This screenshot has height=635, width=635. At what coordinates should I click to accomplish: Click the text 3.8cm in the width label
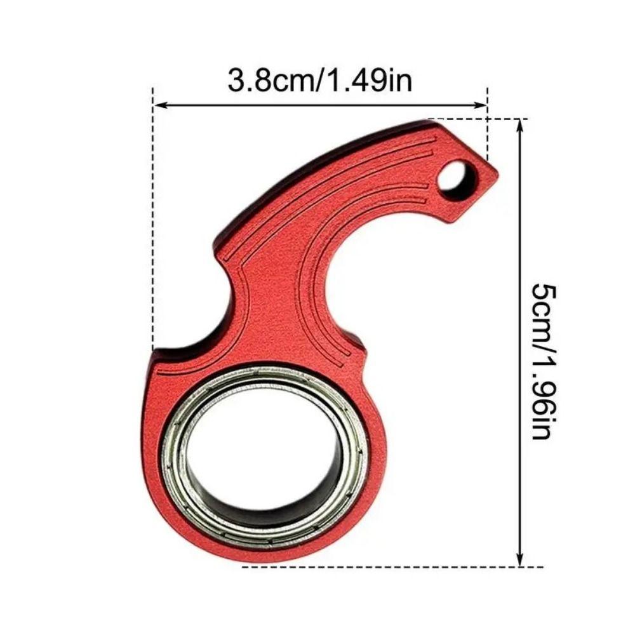click(x=269, y=81)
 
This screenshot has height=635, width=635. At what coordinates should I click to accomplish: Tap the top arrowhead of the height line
click(x=521, y=124)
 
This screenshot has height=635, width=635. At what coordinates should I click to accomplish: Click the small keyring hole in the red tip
click(x=452, y=176)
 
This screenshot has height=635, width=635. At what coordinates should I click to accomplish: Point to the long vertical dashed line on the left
click(x=153, y=222)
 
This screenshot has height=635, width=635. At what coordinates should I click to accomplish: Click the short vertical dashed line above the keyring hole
click(x=487, y=127)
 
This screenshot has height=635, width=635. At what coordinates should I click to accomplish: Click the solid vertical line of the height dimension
click(x=521, y=343)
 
